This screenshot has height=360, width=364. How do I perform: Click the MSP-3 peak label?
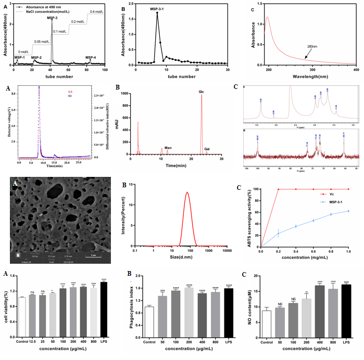coord(52,18)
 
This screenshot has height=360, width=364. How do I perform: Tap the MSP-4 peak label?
coord(91,58)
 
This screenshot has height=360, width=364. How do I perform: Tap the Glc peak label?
coord(201,92)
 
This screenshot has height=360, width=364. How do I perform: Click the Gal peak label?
coord(207,148)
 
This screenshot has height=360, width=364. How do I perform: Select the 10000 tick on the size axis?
coord(225,251)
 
